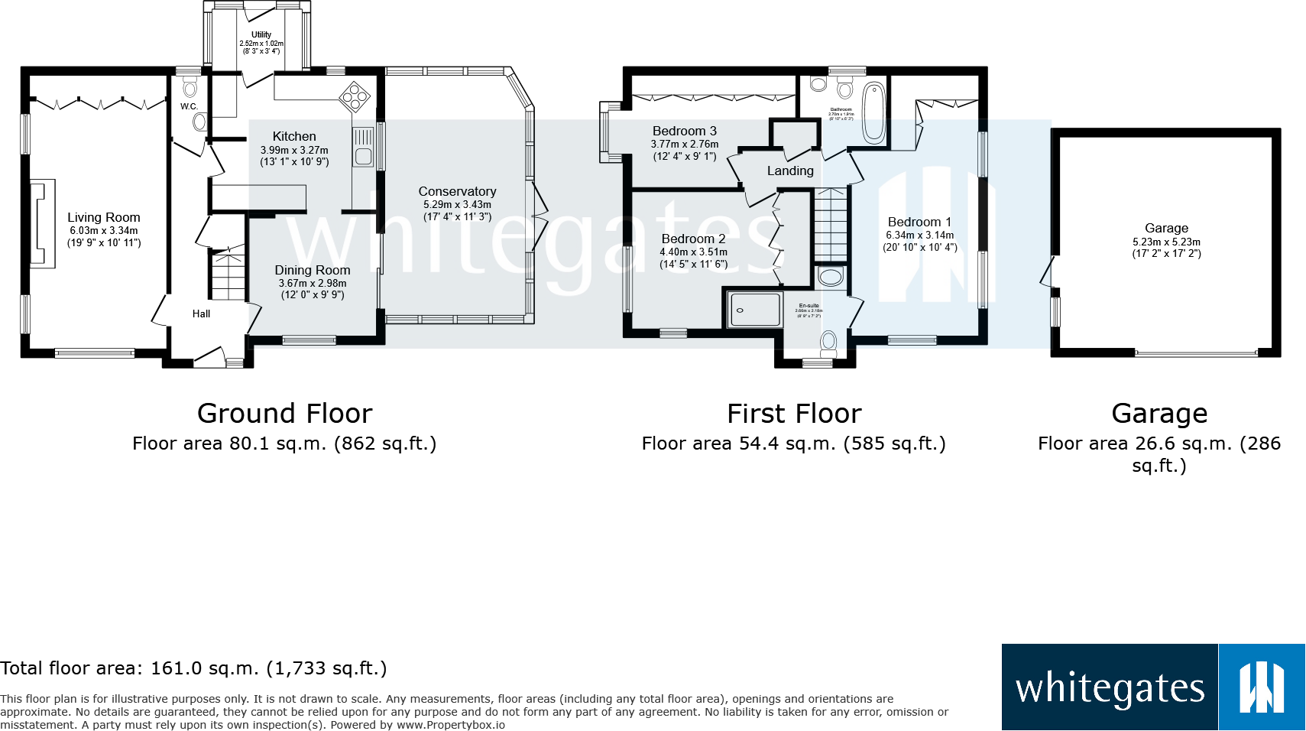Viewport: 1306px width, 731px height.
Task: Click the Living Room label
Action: click(x=103, y=218)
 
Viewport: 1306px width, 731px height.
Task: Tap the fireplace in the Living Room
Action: click(x=43, y=223)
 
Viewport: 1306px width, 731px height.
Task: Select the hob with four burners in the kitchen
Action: click(x=355, y=96)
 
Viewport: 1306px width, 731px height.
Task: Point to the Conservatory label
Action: click(x=457, y=192)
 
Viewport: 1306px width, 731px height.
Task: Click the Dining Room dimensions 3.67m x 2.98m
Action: click(x=312, y=284)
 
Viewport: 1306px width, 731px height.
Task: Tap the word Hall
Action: click(x=201, y=314)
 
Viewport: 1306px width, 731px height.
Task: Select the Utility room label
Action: click(x=261, y=35)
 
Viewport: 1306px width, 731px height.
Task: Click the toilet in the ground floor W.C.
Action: click(x=190, y=87)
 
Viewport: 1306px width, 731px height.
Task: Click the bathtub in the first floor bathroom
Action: click(x=873, y=113)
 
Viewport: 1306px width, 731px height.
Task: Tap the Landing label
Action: click(x=790, y=171)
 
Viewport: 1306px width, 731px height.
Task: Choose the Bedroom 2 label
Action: click(x=693, y=239)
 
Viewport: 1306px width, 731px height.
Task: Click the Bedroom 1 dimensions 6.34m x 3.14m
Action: click(x=920, y=236)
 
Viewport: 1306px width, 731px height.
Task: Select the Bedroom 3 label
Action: click(x=685, y=132)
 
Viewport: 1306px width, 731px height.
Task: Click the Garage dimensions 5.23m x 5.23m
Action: click(x=1166, y=242)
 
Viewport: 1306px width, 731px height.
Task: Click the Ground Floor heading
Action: click(x=284, y=414)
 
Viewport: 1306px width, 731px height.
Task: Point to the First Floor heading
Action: click(x=794, y=414)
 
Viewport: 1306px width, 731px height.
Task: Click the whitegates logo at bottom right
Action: click(x=1152, y=687)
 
